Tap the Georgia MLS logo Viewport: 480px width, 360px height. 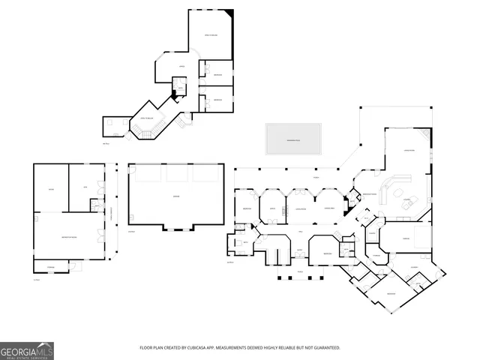pos(27,350)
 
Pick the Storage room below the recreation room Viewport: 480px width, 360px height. pos(52,266)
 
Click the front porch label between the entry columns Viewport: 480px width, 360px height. pos(300,271)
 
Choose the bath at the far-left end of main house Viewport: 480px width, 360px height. pos(245,243)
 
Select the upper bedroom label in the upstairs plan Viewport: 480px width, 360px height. pos(217,75)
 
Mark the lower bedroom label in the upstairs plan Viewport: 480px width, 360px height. pos(217,100)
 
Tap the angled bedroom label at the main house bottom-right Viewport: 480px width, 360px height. pos(391,293)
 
